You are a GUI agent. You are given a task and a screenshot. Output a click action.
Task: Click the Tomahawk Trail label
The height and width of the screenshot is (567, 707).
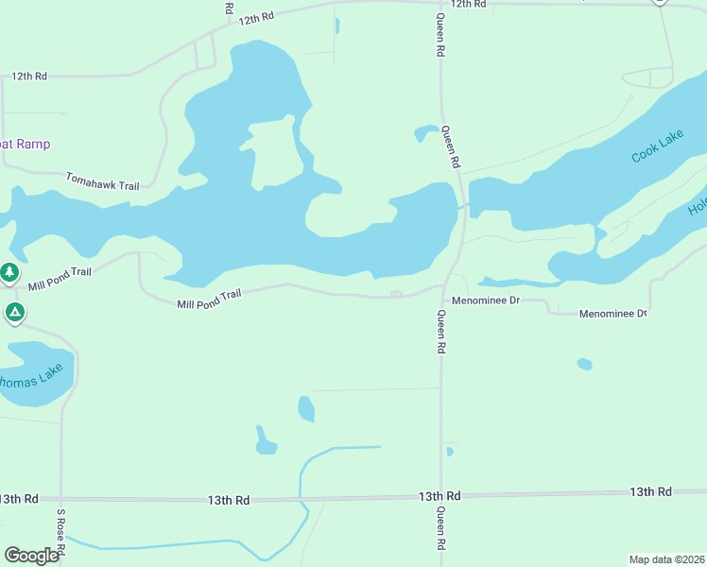click(x=102, y=181)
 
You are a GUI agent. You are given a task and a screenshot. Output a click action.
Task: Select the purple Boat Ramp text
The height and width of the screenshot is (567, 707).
click(x=25, y=144)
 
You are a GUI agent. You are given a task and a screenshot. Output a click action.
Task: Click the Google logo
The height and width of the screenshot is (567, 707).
click(x=31, y=556)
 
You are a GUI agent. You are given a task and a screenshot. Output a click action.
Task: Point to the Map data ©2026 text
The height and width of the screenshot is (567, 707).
click(x=666, y=559)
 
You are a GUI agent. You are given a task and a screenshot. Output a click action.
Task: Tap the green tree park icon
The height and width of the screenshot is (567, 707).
click(x=9, y=273)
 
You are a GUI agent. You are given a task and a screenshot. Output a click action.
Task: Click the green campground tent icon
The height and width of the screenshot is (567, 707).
click(x=14, y=312)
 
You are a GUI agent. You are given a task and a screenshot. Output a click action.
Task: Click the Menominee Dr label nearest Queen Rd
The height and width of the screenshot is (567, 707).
click(x=487, y=300)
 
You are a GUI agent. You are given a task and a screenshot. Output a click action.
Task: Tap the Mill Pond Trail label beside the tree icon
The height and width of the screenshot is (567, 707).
click(x=60, y=278)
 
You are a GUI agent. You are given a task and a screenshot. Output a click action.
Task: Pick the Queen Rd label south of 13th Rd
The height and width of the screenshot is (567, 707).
click(x=440, y=529)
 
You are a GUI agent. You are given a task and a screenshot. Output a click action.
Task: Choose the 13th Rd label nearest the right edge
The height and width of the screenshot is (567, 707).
click(x=650, y=491)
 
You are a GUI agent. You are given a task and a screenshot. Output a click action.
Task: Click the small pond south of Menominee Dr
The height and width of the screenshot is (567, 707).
click(x=584, y=364)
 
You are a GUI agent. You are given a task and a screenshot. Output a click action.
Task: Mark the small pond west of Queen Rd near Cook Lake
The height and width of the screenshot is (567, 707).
click(x=426, y=133)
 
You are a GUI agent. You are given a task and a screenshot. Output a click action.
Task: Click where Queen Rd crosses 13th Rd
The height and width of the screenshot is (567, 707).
click(x=441, y=495)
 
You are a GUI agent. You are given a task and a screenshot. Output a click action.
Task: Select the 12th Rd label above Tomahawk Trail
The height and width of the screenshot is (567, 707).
click(x=29, y=76)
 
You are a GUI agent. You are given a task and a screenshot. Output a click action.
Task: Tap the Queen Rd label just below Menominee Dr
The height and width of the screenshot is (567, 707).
click(x=440, y=332)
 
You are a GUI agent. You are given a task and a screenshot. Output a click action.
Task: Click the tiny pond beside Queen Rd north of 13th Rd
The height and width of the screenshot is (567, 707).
click(x=449, y=452)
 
